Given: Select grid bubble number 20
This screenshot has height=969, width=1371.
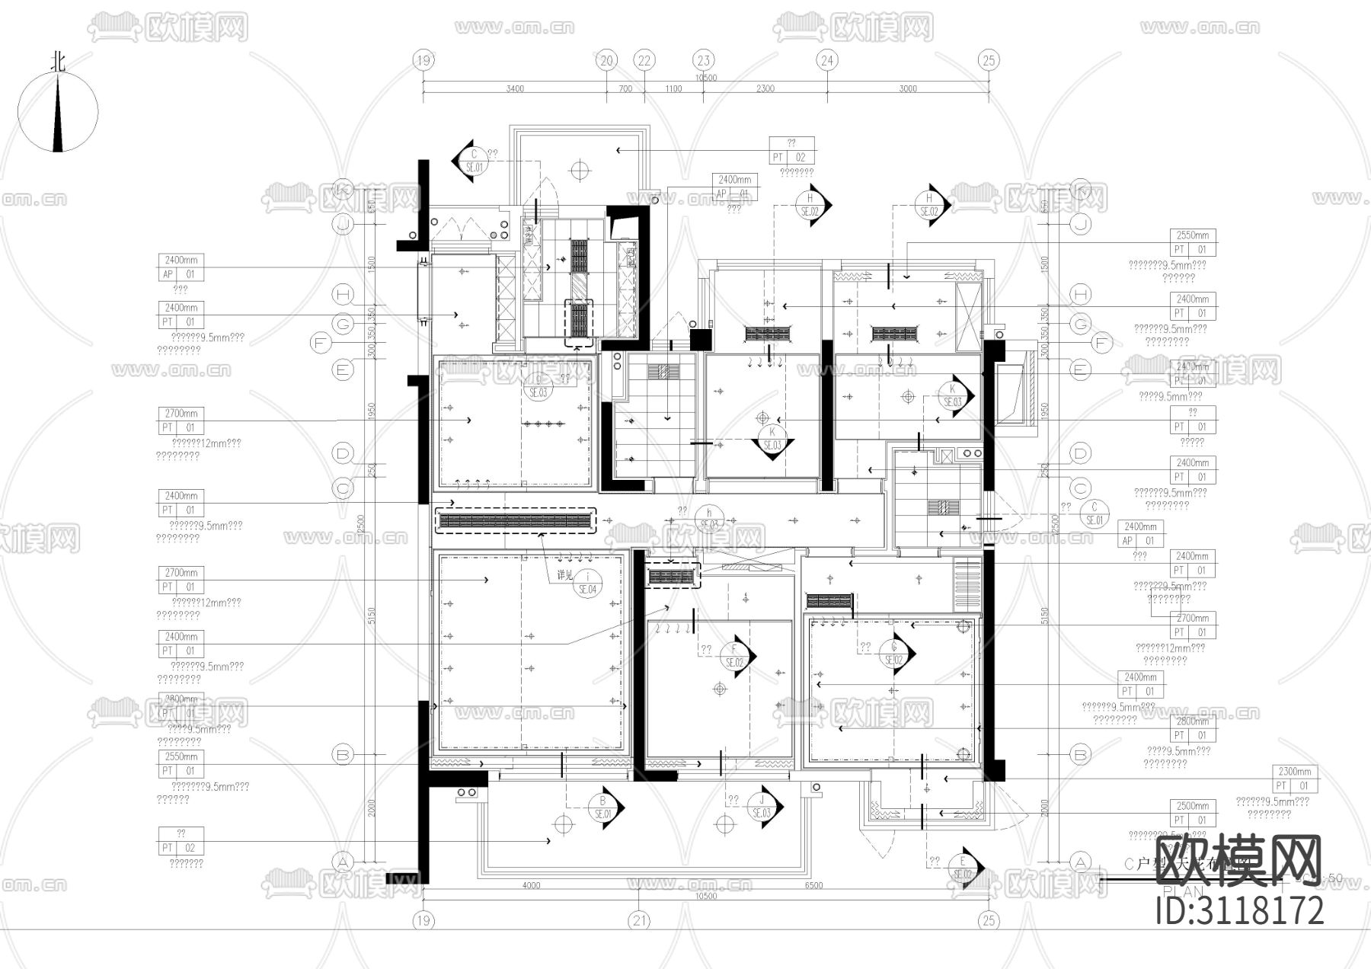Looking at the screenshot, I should (606, 60).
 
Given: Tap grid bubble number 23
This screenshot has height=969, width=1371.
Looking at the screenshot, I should (703, 60).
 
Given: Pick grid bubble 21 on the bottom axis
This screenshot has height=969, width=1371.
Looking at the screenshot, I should (639, 920).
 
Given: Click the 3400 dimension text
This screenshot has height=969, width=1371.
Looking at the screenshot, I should (514, 89).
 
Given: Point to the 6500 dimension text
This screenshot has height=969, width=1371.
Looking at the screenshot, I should (813, 885).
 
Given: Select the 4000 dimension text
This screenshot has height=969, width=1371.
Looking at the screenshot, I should (531, 885).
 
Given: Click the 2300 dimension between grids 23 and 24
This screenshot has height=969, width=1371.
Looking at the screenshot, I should (765, 89).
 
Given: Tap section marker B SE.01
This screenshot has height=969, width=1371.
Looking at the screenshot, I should (604, 807).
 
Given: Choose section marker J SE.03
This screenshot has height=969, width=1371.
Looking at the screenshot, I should (762, 807).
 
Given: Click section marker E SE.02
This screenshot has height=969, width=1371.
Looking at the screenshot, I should (963, 868).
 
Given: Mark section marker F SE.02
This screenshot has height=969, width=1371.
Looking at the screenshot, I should (735, 656).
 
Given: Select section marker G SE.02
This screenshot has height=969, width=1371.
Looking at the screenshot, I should (894, 654).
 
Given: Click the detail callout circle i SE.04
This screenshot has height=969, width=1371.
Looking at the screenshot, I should (587, 583).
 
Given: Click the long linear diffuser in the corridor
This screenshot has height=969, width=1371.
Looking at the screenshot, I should (515, 522).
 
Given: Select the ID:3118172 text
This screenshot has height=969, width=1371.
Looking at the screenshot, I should (1239, 911).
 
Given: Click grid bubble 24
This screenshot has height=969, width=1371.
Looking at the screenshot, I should (827, 60).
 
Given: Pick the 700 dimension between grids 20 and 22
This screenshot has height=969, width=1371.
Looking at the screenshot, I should (625, 89).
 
